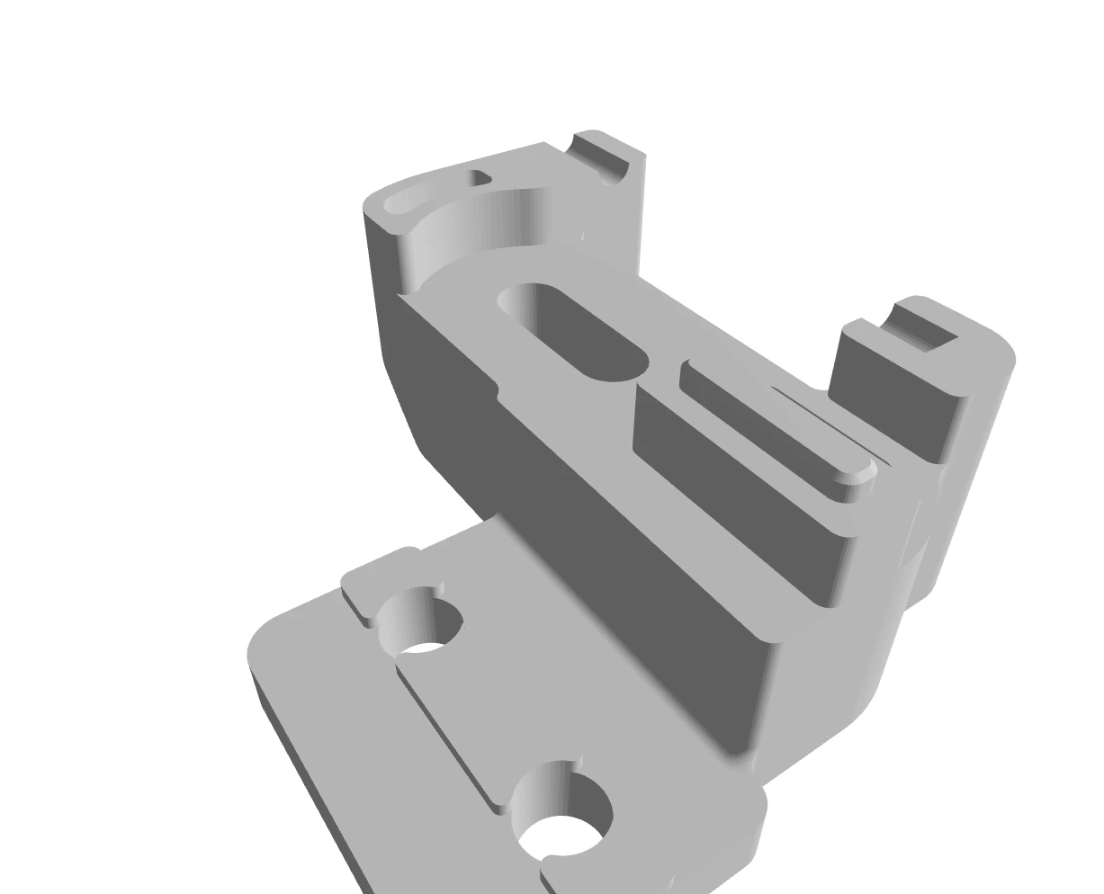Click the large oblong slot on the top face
tap(576, 333)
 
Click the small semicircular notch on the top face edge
tap(497, 389)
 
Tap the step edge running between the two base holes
tap(445, 733)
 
